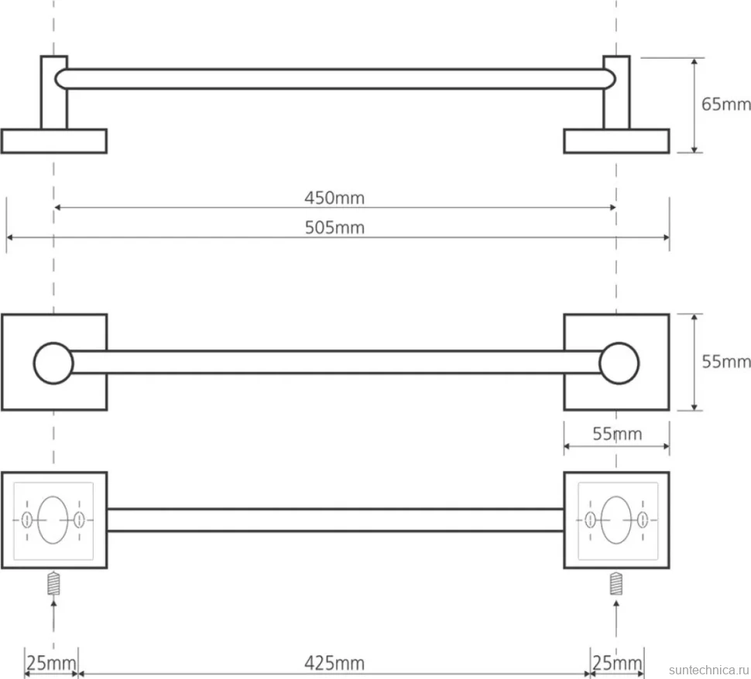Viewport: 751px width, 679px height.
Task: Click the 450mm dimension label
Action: tap(334, 198)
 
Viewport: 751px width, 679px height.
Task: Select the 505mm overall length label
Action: tap(334, 227)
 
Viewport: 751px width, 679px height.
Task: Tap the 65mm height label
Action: tap(725, 104)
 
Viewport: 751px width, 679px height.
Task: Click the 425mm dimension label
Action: tap(334, 664)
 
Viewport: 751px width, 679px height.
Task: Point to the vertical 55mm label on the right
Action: tap(725, 361)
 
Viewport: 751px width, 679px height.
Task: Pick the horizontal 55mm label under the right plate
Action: tap(617, 434)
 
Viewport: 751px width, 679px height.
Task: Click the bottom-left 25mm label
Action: tap(51, 664)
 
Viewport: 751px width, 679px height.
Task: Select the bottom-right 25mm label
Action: tap(617, 664)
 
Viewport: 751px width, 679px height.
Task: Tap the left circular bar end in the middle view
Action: tap(53, 363)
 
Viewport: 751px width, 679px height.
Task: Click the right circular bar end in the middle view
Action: tap(619, 363)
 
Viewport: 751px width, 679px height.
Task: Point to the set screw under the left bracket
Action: tap(53, 584)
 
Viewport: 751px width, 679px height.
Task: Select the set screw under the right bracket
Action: tap(616, 584)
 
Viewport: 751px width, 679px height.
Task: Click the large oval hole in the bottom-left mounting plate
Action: tap(53, 520)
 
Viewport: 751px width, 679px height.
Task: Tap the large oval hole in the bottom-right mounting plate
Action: tap(616, 520)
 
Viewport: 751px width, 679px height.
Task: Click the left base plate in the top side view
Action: tap(54, 142)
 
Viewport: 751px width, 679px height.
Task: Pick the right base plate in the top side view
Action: tap(616, 142)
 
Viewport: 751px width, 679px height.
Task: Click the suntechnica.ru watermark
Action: tap(709, 670)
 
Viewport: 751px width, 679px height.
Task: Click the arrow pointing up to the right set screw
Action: tap(616, 622)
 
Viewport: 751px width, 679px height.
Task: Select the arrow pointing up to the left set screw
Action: tap(53, 622)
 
